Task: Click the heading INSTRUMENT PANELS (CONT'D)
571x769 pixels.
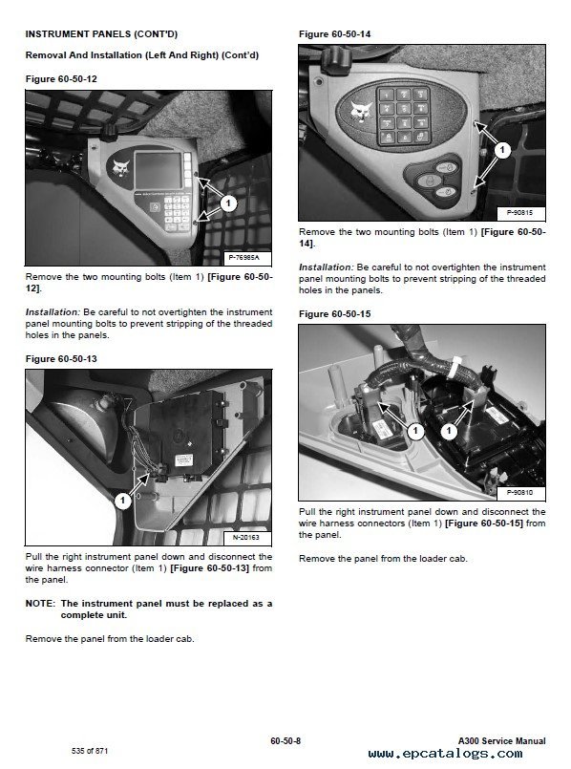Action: (101, 34)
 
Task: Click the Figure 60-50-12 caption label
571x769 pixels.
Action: (61, 79)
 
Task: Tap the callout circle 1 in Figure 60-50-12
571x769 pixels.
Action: (228, 203)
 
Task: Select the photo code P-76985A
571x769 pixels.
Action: (244, 258)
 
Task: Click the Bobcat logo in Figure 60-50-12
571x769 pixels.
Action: (120, 168)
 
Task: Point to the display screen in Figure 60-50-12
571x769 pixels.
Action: (158, 170)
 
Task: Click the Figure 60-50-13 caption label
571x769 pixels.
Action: (61, 359)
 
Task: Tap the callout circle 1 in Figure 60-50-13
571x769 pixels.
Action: (122, 501)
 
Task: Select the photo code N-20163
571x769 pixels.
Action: (246, 538)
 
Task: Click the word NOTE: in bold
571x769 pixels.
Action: (40, 604)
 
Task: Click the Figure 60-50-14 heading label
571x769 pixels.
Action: (335, 34)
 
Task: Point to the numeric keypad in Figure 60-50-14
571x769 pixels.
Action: (403, 116)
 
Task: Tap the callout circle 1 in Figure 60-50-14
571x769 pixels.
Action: (502, 150)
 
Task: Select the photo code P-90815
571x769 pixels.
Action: (519, 213)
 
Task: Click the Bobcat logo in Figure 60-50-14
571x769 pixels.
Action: (363, 115)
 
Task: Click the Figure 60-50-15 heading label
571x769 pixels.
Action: (335, 314)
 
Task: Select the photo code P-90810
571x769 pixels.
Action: (519, 492)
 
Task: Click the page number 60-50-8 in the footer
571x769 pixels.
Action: (285, 740)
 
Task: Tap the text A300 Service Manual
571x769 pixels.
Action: (502, 740)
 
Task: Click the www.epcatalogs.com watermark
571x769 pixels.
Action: (446, 754)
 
